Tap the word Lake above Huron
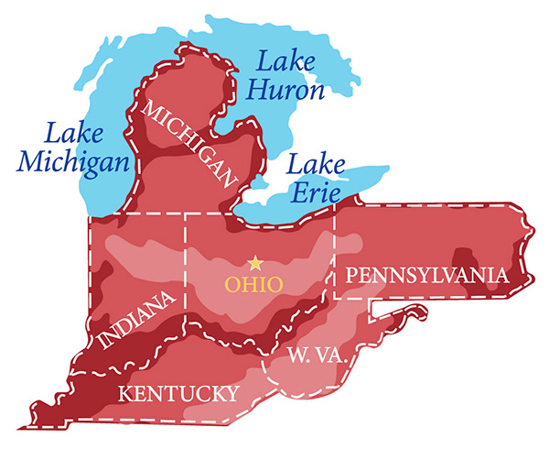[x=285, y=63]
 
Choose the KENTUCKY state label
[x=179, y=394]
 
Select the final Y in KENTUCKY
[x=231, y=394]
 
